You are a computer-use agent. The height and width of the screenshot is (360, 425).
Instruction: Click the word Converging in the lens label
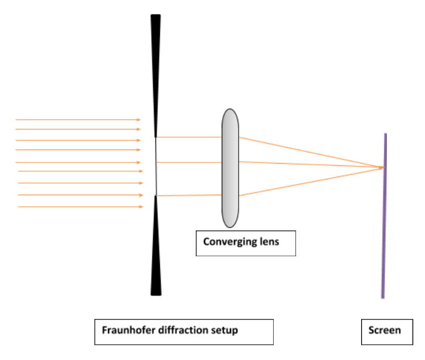(x=225, y=242)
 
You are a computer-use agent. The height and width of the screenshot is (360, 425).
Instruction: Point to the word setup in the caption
(x=223, y=330)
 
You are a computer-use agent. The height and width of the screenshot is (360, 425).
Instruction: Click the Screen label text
(x=384, y=330)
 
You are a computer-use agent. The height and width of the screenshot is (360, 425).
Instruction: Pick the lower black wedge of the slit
(x=155, y=252)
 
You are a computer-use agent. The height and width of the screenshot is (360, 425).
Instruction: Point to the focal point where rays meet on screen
(x=383, y=168)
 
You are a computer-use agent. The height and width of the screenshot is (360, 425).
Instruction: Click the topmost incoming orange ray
(x=76, y=120)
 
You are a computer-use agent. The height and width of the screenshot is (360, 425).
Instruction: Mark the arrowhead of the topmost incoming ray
(x=139, y=120)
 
